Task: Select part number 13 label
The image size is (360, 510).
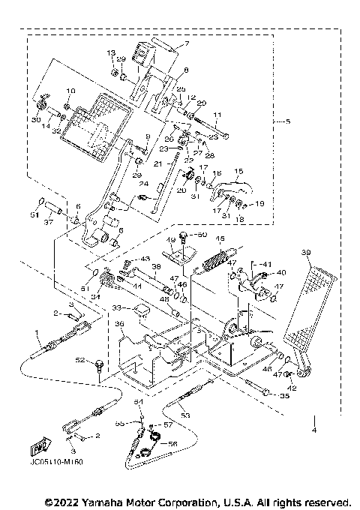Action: pos(111,52)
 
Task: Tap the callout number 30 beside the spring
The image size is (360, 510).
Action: pos(36,120)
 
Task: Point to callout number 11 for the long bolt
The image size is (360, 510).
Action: pos(219,115)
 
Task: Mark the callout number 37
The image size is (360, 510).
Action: pos(48,222)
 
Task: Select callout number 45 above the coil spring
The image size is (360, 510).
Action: pos(221,239)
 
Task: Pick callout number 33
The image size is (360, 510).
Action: pos(117,307)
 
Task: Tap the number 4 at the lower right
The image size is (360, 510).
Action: pos(315,430)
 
